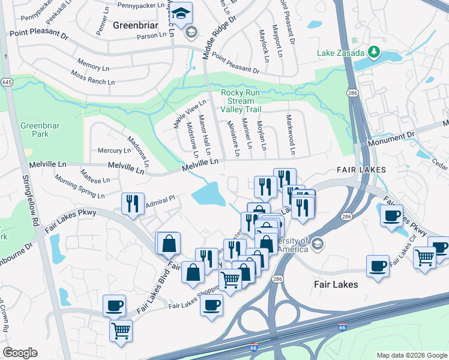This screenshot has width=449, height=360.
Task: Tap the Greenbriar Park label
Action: (34, 130)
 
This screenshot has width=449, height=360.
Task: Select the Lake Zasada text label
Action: (340, 52)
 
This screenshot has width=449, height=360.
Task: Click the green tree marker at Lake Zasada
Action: (375, 52)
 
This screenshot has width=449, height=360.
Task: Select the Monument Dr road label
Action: (391, 138)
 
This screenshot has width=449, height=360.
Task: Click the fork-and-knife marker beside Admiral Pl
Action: (133, 203)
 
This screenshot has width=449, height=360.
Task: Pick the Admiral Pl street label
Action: (160, 197)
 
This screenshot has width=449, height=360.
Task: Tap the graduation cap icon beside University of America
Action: (318, 243)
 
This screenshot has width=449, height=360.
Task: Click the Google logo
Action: (20, 353)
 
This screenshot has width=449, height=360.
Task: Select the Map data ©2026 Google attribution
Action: (411, 355)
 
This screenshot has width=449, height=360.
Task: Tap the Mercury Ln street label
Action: (110, 151)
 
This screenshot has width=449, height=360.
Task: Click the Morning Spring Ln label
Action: (79, 187)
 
